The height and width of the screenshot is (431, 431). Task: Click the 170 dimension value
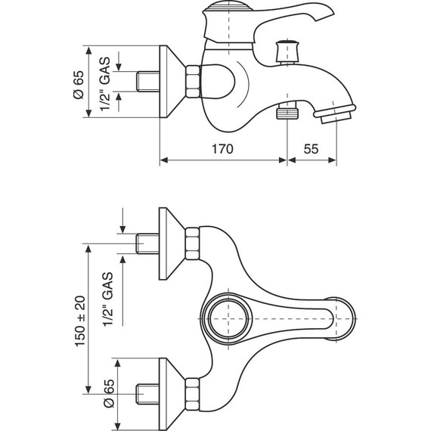click(224, 148)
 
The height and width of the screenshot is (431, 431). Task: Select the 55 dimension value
click(312, 148)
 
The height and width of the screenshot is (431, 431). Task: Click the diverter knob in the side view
click(287, 51)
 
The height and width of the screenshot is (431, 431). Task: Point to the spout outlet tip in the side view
click(336, 116)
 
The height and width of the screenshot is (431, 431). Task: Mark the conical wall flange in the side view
click(172, 79)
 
